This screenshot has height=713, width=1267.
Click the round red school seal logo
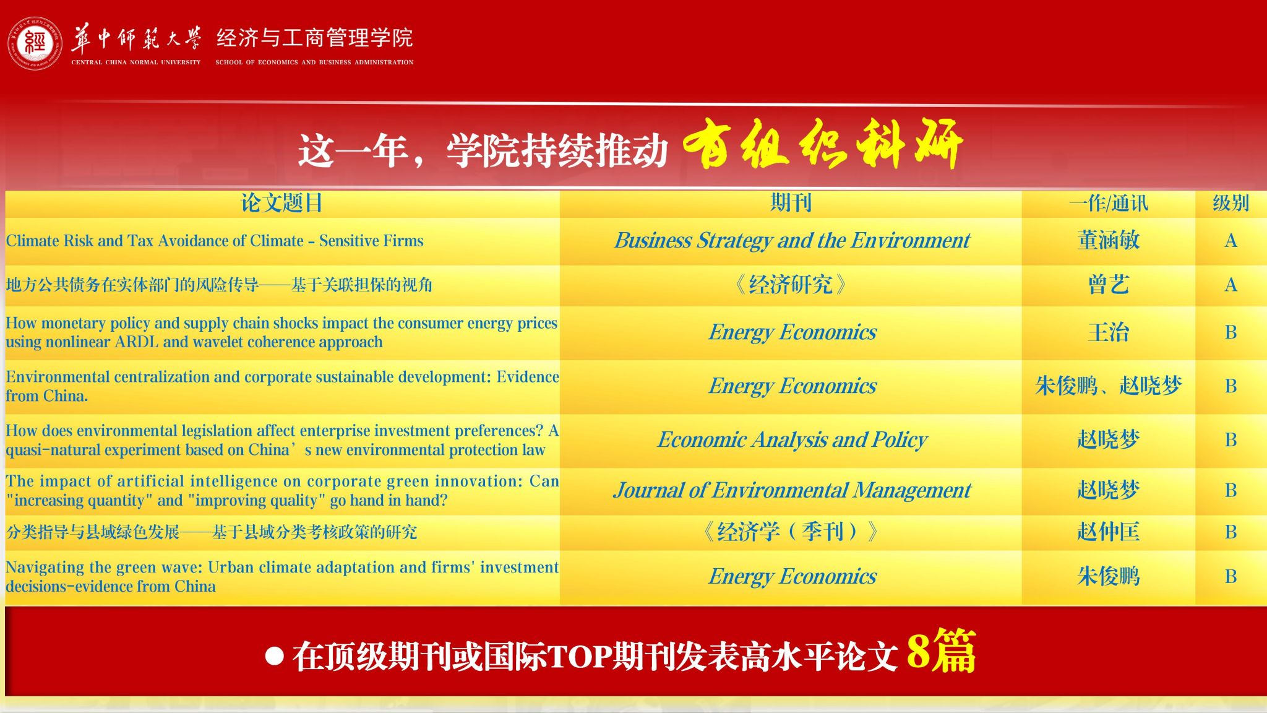[35, 43]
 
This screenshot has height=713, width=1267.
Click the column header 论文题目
[281, 203]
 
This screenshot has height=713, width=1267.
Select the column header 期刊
[791, 203]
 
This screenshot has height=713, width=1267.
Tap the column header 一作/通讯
[1108, 203]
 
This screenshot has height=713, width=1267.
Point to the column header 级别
[1230, 203]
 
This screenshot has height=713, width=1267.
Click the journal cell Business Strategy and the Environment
[792, 241]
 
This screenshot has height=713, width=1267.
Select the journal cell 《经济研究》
[791, 285]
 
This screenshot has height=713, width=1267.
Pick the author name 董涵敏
[1108, 240]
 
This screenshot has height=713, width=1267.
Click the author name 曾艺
[1108, 285]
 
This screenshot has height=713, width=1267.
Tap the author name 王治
[1108, 332]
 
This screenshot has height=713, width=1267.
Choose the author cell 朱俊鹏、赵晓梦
[1108, 386]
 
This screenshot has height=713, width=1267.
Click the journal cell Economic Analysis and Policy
[792, 440]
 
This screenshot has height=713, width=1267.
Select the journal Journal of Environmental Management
[792, 491]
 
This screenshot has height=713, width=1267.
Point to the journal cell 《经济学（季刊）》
[791, 532]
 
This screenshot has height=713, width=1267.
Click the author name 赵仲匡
[1108, 532]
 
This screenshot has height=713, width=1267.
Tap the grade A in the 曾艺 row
[1230, 285]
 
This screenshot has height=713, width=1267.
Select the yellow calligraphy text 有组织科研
[823, 144]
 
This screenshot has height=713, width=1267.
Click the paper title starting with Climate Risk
[215, 241]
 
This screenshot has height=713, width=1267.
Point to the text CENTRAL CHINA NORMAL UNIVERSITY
[136, 62]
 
